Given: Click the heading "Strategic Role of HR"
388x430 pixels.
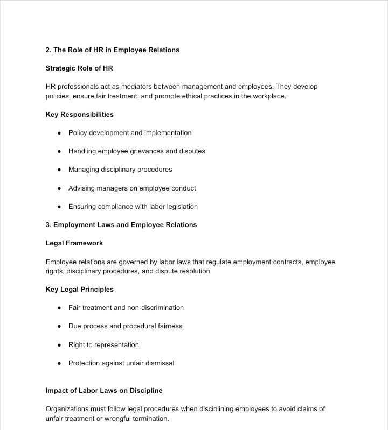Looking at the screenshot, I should point(79,68).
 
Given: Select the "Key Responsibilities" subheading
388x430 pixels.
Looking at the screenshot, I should point(80,115).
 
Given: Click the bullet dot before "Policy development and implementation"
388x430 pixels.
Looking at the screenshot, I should point(59,133).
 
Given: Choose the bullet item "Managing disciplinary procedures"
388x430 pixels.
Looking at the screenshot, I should point(120,170).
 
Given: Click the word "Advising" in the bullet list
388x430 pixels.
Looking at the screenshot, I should point(81,188).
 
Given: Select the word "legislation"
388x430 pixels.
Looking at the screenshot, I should point(178,207).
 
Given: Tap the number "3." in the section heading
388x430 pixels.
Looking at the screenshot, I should point(48,225).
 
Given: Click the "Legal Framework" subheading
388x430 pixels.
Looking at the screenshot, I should point(74,243).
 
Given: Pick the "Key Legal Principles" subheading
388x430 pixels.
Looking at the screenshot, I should point(80,290).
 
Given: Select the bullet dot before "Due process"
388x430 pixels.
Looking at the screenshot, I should point(59,326).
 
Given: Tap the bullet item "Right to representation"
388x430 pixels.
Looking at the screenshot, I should point(103,345).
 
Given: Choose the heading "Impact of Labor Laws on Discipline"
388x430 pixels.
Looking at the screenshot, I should point(104,391).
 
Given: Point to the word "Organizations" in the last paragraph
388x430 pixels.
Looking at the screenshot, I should point(68,409).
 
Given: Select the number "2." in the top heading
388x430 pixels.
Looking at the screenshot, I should point(48,50).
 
